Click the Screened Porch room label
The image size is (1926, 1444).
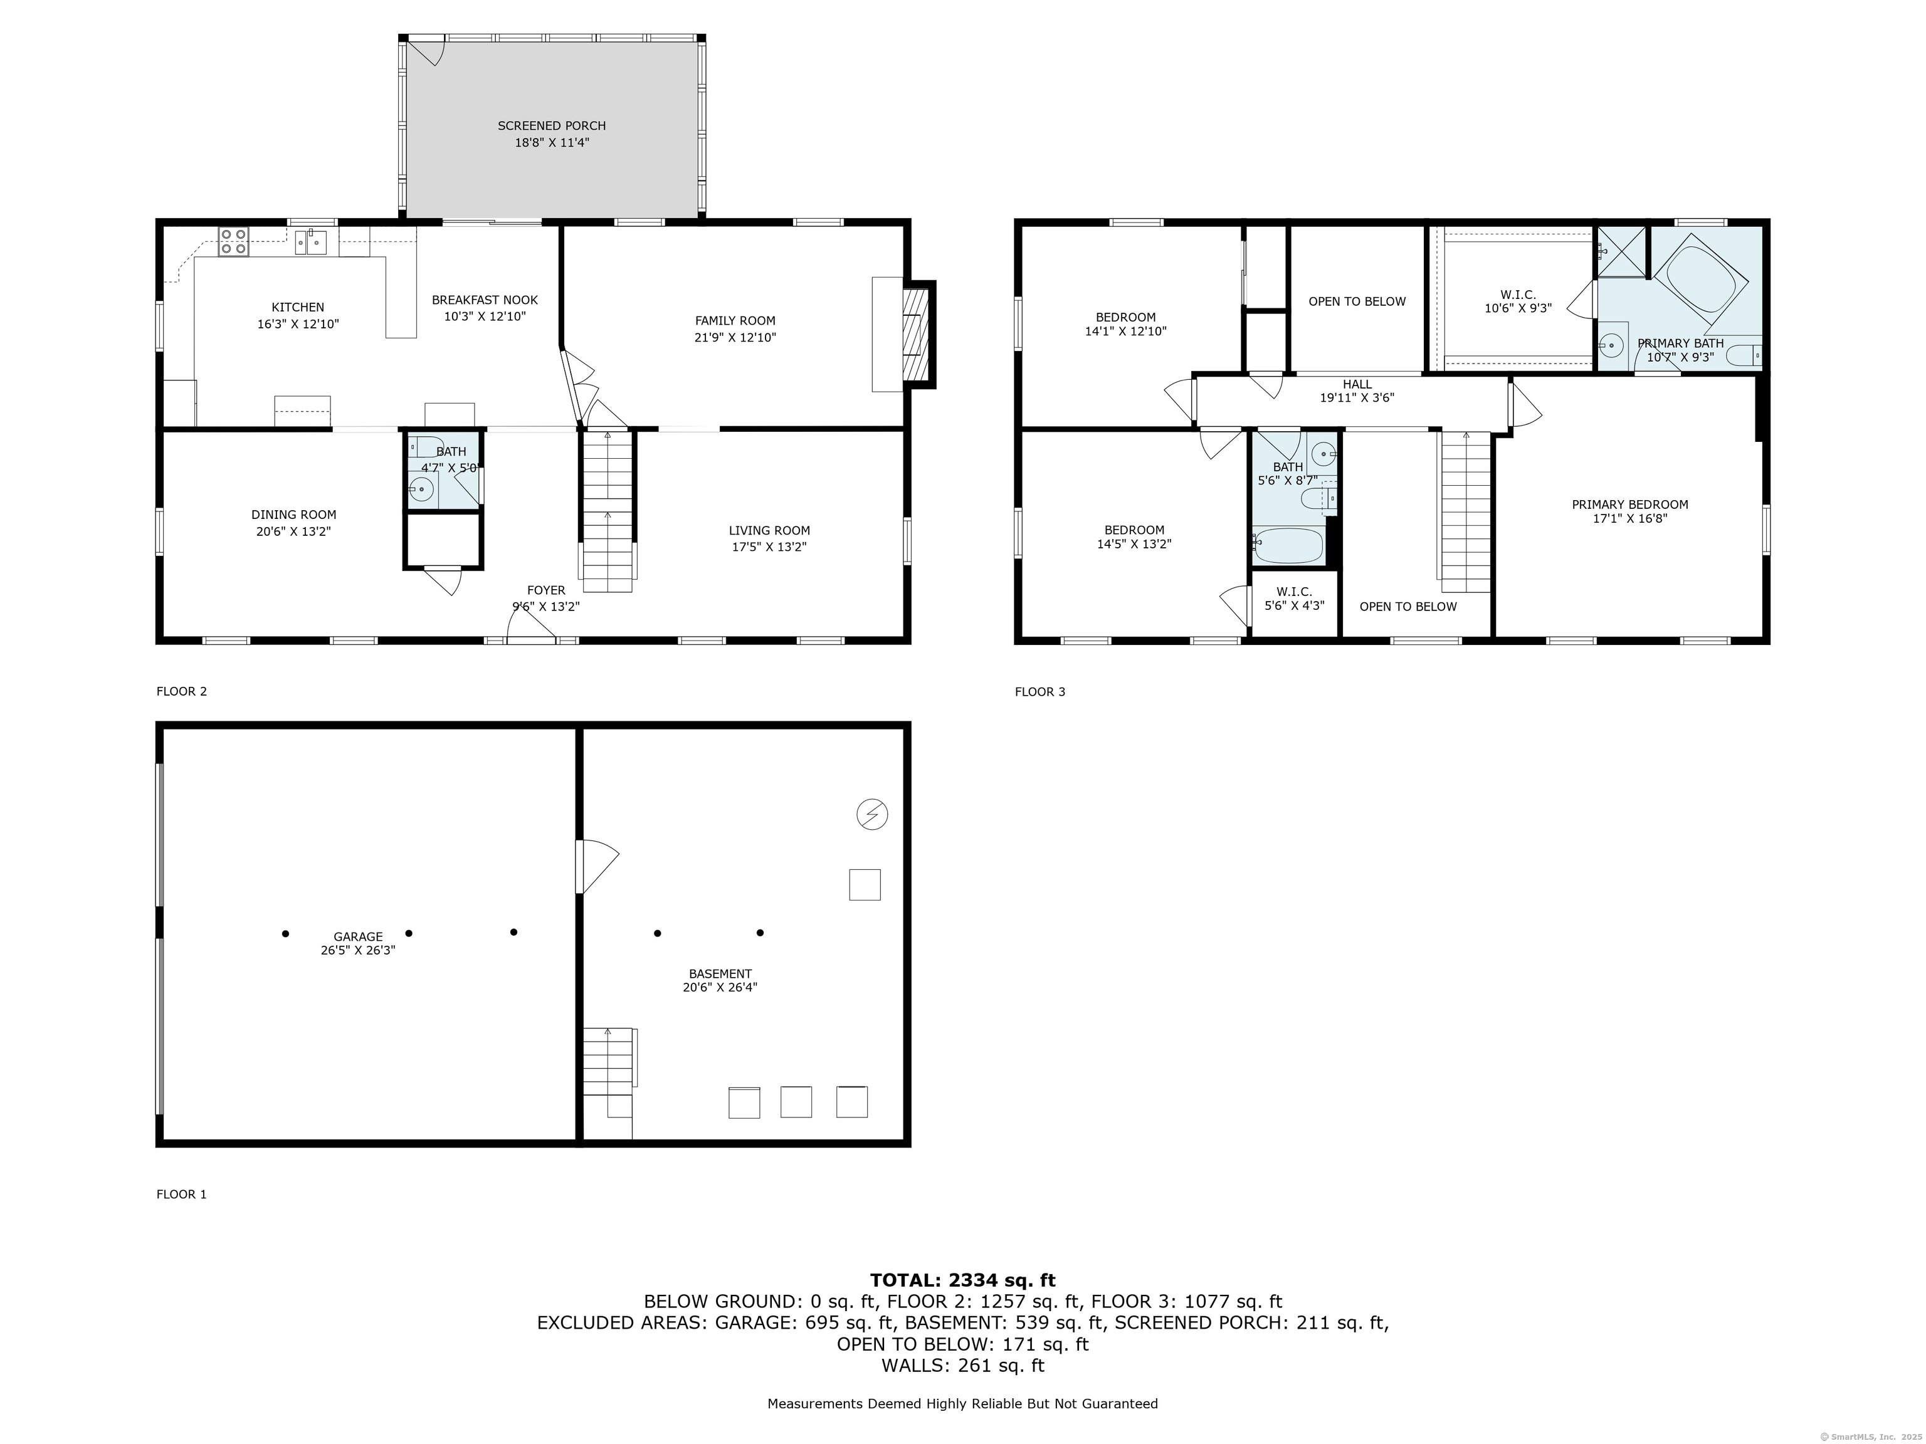pyautogui.click(x=552, y=126)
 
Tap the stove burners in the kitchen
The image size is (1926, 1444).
pyautogui.click(x=233, y=241)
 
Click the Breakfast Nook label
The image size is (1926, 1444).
pyautogui.click(x=485, y=300)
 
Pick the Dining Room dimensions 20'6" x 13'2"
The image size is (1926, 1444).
pyautogui.click(x=293, y=531)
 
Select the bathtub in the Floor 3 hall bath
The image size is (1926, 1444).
pyautogui.click(x=1288, y=546)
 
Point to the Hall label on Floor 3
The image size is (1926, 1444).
pyautogui.click(x=1357, y=384)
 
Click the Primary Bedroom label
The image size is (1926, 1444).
pyautogui.click(x=1630, y=505)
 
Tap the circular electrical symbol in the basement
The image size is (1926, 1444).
pyautogui.click(x=873, y=815)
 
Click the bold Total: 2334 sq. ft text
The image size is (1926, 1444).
pyautogui.click(x=963, y=1280)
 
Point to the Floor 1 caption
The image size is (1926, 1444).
pyautogui.click(x=182, y=1194)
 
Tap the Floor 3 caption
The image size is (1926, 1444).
pyautogui.click(x=1039, y=692)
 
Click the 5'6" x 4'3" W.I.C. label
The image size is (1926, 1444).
pyautogui.click(x=1295, y=599)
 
